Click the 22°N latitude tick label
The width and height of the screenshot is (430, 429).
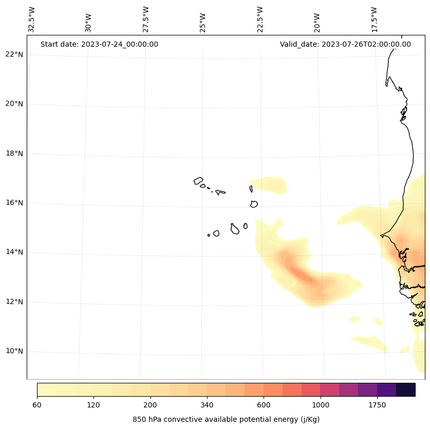click(14, 54)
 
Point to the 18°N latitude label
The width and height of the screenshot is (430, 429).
click(14, 153)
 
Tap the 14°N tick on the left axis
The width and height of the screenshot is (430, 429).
click(14, 252)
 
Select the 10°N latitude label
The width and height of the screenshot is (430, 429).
click(14, 351)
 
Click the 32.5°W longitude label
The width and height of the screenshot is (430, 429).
click(32, 19)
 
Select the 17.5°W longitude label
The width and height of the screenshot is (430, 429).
click(375, 19)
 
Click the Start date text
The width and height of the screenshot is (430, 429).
click(99, 44)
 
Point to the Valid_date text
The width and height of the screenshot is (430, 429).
click(345, 44)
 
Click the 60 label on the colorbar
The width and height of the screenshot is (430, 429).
click(37, 405)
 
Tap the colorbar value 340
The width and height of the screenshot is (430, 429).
click(207, 405)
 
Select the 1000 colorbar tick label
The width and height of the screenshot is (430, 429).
click(320, 405)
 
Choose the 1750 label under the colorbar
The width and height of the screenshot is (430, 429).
click(377, 405)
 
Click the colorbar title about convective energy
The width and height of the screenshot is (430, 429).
click(226, 419)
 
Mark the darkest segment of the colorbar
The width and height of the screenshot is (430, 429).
click(405, 389)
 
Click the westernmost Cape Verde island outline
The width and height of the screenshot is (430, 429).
click(198, 181)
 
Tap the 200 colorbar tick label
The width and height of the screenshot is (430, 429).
click(150, 405)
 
